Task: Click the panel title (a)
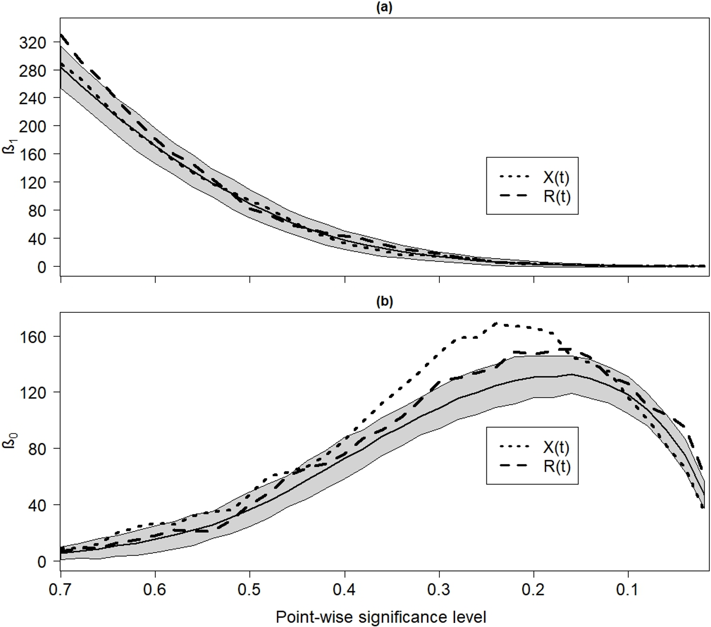pyautogui.click(x=384, y=8)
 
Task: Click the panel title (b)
pyautogui.click(x=384, y=302)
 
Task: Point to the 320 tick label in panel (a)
pyautogui.click(x=32, y=43)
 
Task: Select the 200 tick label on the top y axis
pyautogui.click(x=32, y=126)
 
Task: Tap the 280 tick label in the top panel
pyautogui.click(x=32, y=71)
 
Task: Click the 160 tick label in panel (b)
pyautogui.click(x=32, y=336)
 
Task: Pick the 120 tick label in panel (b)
pyautogui.click(x=32, y=392)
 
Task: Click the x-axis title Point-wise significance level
pyautogui.click(x=381, y=617)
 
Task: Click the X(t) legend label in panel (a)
pyautogui.click(x=556, y=177)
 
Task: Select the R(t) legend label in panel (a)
pyautogui.click(x=557, y=197)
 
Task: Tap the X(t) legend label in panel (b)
pyautogui.click(x=556, y=447)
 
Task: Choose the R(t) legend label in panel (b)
pyautogui.click(x=557, y=466)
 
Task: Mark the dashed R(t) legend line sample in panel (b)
pyautogui.click(x=514, y=466)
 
